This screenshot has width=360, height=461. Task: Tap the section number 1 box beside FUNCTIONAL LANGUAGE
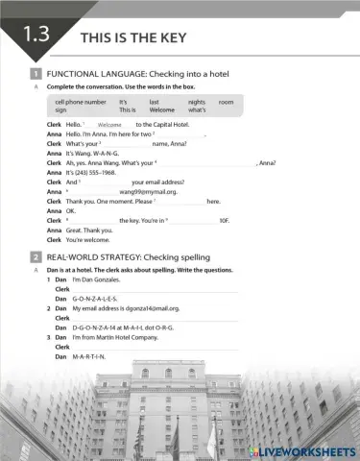(x=36, y=74)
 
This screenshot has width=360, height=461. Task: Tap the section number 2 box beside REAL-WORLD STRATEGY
(x=36, y=257)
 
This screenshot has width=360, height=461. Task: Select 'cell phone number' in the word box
(x=81, y=102)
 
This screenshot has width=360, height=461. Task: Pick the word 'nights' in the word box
(x=197, y=102)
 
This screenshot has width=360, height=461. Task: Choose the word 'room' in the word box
(x=226, y=102)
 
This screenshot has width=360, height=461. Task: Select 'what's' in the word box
(x=198, y=110)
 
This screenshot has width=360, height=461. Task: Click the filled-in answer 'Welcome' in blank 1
(x=109, y=125)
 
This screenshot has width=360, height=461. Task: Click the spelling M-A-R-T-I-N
(x=91, y=357)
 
